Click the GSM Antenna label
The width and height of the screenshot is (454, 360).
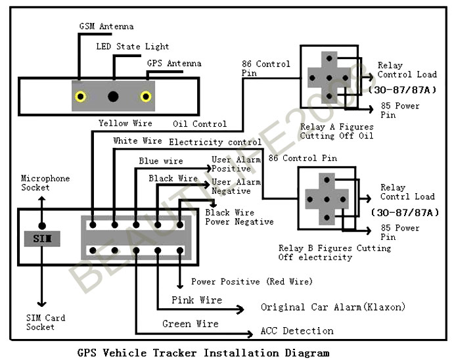click(x=106, y=27)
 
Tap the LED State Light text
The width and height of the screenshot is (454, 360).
click(x=132, y=47)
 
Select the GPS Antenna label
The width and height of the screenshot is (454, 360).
click(x=174, y=64)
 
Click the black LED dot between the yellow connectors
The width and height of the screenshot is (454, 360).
click(x=114, y=97)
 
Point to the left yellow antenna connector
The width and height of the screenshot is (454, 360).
click(x=81, y=97)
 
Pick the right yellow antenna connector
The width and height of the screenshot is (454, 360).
click(x=146, y=97)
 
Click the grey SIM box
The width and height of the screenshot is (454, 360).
click(x=42, y=236)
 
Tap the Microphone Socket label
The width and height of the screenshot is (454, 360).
click(x=45, y=183)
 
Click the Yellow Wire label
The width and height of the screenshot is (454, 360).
click(x=125, y=123)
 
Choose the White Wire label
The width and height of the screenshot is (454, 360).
click(x=137, y=141)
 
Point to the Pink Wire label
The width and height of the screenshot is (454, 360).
click(x=196, y=300)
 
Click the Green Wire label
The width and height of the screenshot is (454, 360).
click(x=190, y=323)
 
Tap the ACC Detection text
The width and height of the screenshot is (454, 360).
click(x=297, y=330)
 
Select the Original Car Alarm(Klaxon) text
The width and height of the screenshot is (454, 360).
click(x=333, y=307)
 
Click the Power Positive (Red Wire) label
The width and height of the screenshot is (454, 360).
click(x=252, y=282)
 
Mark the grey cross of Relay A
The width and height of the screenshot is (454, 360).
click(x=327, y=77)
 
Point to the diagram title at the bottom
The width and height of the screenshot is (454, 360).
click(x=203, y=353)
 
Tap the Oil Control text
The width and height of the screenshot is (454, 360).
click(x=200, y=124)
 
